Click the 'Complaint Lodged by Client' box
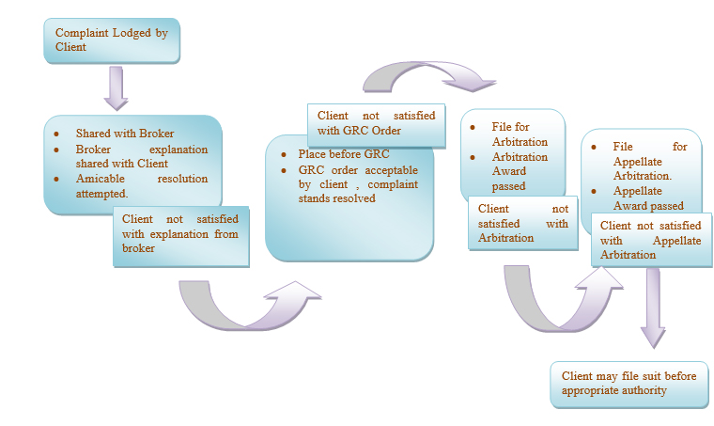[x=111, y=40]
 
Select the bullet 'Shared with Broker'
[x=124, y=134]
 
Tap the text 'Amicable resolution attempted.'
[x=141, y=185]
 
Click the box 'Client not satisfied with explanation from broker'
[x=180, y=234]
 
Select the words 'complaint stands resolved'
[x=358, y=192]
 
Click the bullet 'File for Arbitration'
[x=517, y=134]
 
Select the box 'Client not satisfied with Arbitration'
[x=523, y=224]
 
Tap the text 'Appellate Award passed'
[x=649, y=197]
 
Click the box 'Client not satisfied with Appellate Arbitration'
[x=650, y=240]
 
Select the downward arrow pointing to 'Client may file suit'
[x=653, y=310]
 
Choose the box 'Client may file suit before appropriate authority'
[x=629, y=383]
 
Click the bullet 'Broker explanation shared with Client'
[x=141, y=156]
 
